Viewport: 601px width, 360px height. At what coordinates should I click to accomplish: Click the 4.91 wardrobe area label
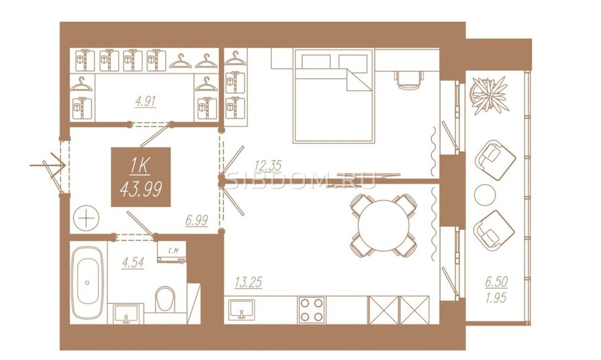click(x=146, y=102)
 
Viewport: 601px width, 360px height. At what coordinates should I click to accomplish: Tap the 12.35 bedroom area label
click(x=268, y=166)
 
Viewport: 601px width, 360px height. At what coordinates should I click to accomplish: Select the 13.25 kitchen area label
click(x=248, y=283)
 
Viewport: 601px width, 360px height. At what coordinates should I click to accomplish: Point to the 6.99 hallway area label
click(x=196, y=220)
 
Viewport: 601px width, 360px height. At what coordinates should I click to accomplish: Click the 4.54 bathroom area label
click(x=133, y=262)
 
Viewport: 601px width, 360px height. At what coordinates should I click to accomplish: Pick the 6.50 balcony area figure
click(x=496, y=282)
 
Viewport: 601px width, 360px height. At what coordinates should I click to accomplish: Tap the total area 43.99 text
click(x=141, y=188)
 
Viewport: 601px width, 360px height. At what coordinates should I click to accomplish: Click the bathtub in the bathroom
click(x=87, y=283)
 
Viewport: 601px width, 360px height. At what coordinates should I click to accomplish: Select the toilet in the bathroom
click(x=165, y=299)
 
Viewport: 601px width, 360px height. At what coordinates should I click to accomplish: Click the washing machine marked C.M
click(x=172, y=252)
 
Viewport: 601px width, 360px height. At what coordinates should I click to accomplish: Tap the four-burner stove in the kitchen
click(x=312, y=310)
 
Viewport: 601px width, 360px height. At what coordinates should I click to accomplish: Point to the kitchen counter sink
click(x=242, y=309)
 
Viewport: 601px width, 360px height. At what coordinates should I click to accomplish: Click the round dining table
click(x=383, y=225)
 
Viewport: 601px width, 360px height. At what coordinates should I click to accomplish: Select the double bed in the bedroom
click(x=333, y=96)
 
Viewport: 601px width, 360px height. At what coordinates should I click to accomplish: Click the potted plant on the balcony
click(x=489, y=96)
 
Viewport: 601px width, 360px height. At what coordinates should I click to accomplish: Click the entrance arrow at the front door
click(x=47, y=165)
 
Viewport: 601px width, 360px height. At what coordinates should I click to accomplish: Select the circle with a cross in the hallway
click(x=86, y=219)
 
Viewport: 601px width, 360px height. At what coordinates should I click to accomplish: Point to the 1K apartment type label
click(x=140, y=166)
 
